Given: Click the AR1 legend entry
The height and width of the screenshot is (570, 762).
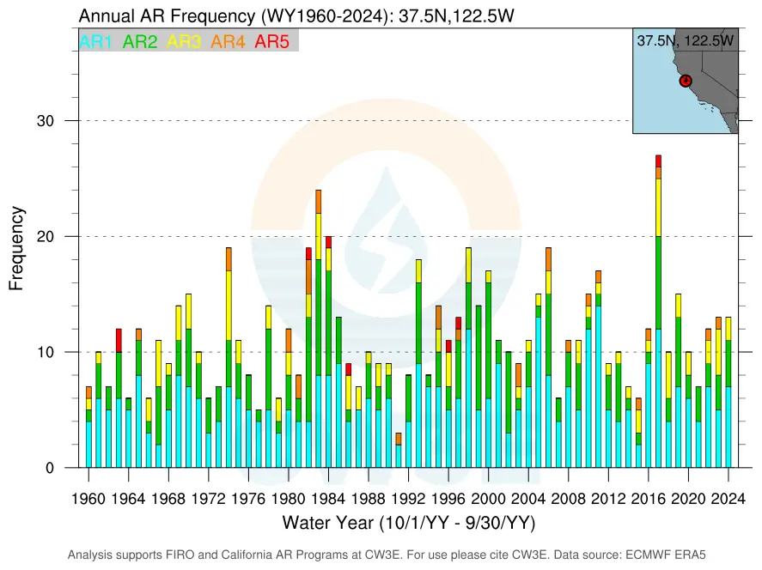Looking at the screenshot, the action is pyautogui.click(x=95, y=41).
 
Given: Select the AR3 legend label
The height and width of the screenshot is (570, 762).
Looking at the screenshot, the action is pyautogui.click(x=184, y=41).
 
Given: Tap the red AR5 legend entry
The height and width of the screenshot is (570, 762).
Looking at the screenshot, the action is pyautogui.click(x=272, y=41).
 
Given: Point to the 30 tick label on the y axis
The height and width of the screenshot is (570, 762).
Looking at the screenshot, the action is pyautogui.click(x=46, y=121).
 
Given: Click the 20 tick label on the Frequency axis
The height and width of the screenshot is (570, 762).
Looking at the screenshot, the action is pyautogui.click(x=46, y=236).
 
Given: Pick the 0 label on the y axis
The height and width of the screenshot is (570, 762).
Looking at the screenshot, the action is pyautogui.click(x=50, y=468).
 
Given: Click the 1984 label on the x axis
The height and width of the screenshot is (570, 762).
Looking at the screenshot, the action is pyautogui.click(x=328, y=499).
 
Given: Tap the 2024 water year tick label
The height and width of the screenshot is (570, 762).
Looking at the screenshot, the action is pyautogui.click(x=728, y=499).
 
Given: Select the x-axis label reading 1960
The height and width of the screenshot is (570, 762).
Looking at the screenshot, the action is pyautogui.click(x=88, y=499).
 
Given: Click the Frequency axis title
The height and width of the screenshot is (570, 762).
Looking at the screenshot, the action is pyautogui.click(x=16, y=249).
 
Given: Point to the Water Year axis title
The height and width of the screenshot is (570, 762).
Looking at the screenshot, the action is pyautogui.click(x=409, y=523).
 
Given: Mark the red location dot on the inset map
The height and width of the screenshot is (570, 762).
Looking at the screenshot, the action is pyautogui.click(x=686, y=81).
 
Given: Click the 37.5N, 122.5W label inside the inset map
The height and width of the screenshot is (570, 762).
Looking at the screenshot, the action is pyautogui.click(x=686, y=40).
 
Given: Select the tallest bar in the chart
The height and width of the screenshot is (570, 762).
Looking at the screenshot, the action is pyautogui.click(x=659, y=312).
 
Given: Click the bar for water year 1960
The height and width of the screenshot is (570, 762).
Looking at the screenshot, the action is pyautogui.click(x=88, y=427).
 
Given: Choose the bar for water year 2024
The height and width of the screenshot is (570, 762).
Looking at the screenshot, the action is pyautogui.click(x=728, y=392).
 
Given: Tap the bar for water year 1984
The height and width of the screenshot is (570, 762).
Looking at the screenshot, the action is pyautogui.click(x=328, y=352).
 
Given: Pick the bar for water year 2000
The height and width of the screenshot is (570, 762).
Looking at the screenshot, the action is pyautogui.click(x=489, y=369).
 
